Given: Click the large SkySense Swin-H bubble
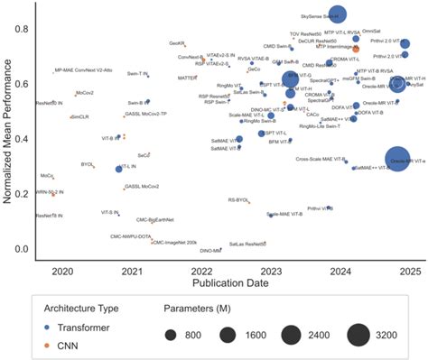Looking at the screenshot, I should (x=338, y=14).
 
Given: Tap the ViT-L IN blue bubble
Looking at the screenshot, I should (x=118, y=169).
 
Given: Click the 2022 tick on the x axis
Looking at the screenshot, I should (x=202, y=271).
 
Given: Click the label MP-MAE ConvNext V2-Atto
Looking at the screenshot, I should (x=89, y=69).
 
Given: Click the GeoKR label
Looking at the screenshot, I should (x=178, y=42).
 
